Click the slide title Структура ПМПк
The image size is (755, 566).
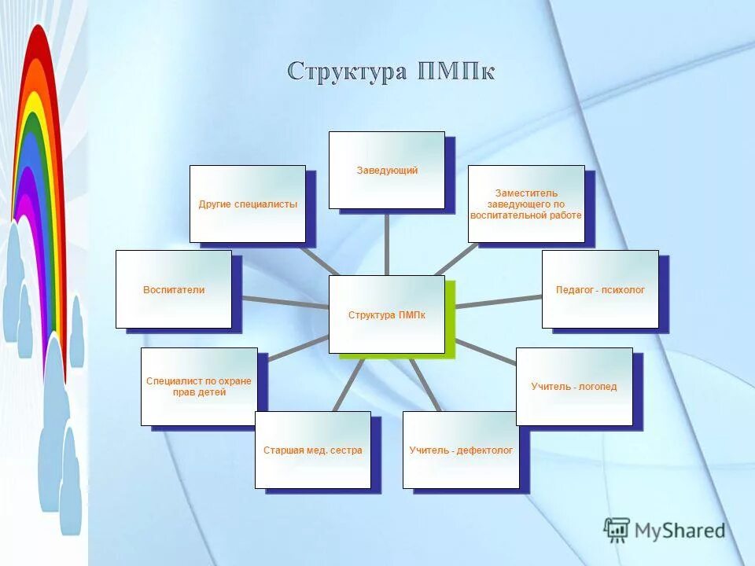tap(391, 72)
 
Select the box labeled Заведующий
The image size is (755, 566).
tap(386, 170)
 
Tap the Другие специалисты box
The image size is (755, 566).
tap(247, 204)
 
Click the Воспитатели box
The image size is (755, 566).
tap(173, 289)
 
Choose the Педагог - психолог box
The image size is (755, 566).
tap(600, 289)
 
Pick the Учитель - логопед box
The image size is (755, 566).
tap(574, 387)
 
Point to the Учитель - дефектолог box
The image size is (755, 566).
tap(461, 450)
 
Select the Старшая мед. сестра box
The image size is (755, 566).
tap(312, 450)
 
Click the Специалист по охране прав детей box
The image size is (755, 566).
tap(199, 387)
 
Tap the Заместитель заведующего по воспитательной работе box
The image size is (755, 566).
tap(526, 204)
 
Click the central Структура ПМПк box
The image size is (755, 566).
tap(386, 314)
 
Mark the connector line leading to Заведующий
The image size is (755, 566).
tap(386, 242)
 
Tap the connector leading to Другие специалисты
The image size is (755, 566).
tap(316, 259)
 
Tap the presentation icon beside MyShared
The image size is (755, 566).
tap(617, 531)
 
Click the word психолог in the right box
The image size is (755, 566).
tap(623, 290)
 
